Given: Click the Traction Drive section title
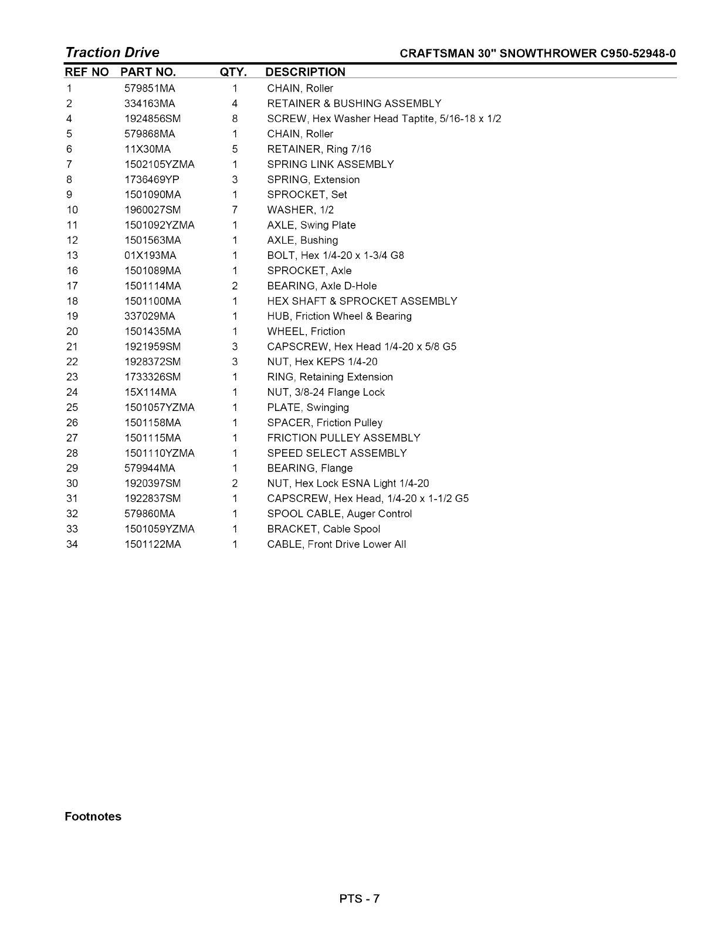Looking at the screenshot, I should click(x=112, y=52).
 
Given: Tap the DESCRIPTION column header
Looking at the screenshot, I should click(x=305, y=72).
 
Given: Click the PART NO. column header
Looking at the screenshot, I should click(x=148, y=72).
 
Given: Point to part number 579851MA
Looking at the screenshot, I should click(x=150, y=89).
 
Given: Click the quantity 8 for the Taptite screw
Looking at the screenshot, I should click(x=235, y=119).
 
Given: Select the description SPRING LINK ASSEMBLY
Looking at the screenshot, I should click(x=330, y=164).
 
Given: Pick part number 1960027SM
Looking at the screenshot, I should click(x=153, y=210).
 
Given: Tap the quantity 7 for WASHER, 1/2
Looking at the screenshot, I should click(x=235, y=210).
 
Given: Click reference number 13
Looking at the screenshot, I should click(x=72, y=255).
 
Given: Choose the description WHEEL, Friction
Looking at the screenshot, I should click(x=306, y=332).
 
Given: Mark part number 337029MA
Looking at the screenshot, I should click(x=150, y=316).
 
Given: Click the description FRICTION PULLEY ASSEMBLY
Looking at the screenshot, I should click(x=344, y=438).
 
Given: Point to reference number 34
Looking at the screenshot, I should click(x=72, y=544).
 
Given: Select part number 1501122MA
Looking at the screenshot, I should click(x=153, y=544).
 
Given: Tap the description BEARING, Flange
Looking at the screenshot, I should click(x=310, y=469).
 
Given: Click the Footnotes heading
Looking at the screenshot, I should click(x=93, y=817).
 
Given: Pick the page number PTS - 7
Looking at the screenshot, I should click(x=359, y=898).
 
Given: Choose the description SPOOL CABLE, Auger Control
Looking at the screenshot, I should click(x=339, y=514).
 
